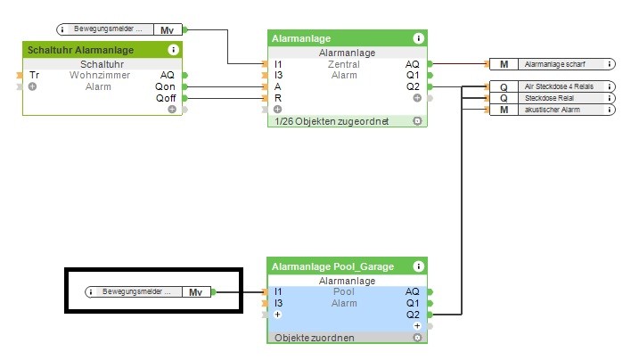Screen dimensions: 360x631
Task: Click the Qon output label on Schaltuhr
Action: click(166, 86)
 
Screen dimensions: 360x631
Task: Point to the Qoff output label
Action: click(166, 98)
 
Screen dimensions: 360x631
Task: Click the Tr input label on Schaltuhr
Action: click(34, 75)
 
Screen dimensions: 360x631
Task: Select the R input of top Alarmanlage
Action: click(278, 98)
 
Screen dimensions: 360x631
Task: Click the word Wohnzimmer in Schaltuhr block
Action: click(100, 75)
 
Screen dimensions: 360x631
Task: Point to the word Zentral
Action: click(344, 64)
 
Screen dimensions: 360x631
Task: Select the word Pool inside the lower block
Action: click(344, 291)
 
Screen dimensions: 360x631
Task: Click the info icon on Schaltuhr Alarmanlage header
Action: click(173, 50)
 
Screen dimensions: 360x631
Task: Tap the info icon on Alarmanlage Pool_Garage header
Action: click(418, 266)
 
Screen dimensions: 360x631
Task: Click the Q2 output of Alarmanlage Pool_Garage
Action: click(412, 315)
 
